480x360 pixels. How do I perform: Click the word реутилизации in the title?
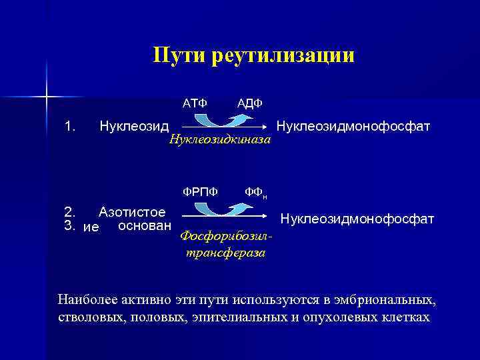coord(284,55)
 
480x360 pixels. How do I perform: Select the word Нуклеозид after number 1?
coord(134,125)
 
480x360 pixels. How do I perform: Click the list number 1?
coord(70,125)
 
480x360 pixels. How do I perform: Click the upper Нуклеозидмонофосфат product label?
coord(353,125)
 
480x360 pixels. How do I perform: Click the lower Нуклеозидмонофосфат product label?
coord(357,219)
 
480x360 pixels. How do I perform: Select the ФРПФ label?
coord(201,191)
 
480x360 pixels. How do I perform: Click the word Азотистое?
coord(132,213)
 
